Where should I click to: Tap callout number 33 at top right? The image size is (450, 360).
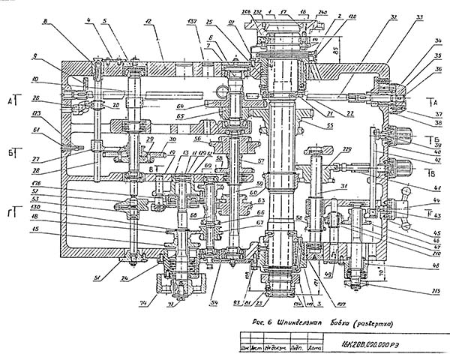pyautogui.click(x=418, y=16)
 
